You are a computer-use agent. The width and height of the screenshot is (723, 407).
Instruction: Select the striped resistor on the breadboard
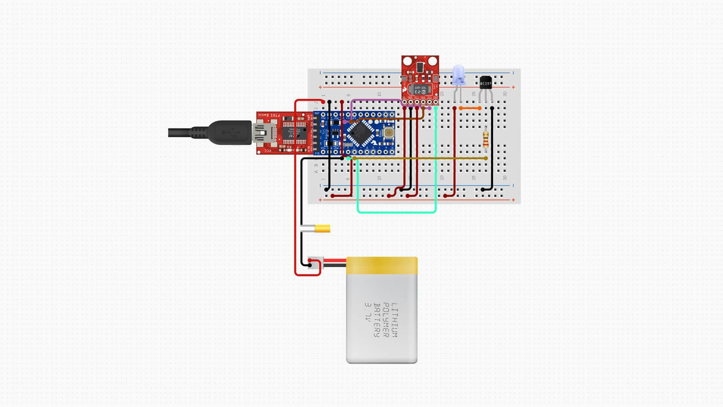[x=485, y=139]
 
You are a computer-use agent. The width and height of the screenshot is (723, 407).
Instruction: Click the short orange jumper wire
[x=470, y=108]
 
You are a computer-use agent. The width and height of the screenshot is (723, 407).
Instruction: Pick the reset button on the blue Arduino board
[x=388, y=133]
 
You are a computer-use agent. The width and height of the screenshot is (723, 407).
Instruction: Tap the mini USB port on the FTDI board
[x=260, y=133]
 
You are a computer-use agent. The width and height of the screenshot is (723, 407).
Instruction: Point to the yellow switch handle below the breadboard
[x=322, y=228]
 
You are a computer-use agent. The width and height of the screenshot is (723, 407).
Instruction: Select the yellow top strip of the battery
[x=381, y=265]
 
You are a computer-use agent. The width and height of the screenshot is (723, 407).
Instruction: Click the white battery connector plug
[x=315, y=263]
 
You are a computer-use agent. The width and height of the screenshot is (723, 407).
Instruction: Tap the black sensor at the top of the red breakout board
[x=420, y=67]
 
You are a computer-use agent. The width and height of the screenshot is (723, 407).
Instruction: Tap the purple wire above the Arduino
[x=377, y=100]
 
